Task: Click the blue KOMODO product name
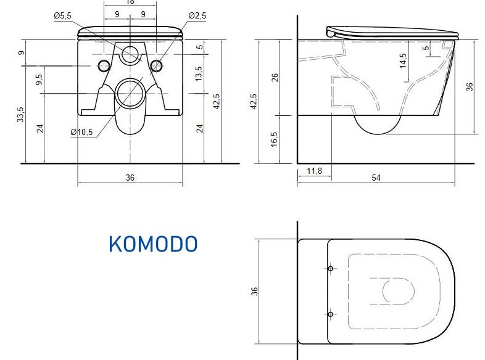click(153, 244)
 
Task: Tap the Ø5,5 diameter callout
click(62, 15)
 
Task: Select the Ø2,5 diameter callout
click(197, 15)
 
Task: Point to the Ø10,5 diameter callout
click(81, 133)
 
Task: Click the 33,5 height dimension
click(20, 114)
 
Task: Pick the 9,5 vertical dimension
click(39, 80)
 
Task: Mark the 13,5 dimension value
click(199, 73)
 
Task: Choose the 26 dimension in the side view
click(275, 77)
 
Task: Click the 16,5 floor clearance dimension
click(274, 139)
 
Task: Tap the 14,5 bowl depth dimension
click(403, 60)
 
